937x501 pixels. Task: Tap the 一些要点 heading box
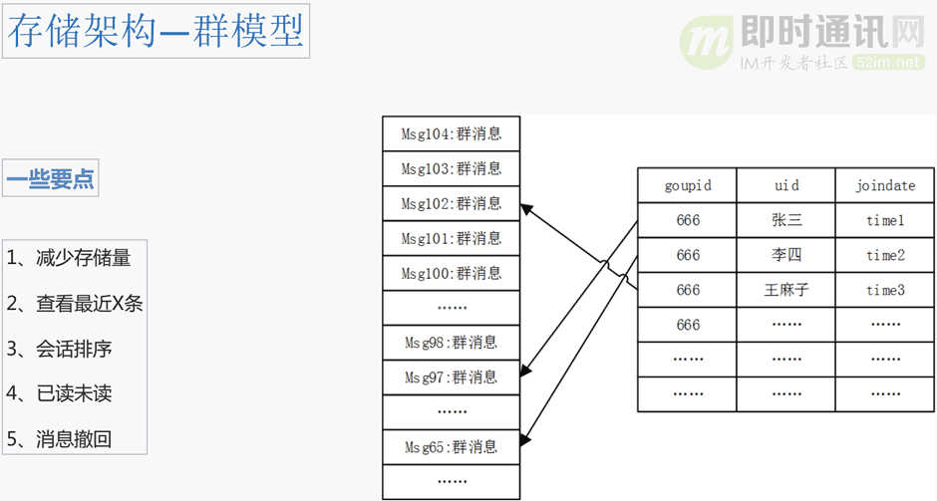[51, 180]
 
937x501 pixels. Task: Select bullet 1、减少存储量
[69, 258]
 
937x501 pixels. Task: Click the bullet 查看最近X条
[75, 304]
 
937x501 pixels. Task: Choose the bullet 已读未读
[59, 393]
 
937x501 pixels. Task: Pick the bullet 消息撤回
[59, 438]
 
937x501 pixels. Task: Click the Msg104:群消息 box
[452, 133]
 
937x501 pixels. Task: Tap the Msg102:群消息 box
[452, 203]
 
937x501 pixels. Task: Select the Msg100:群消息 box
[452, 273]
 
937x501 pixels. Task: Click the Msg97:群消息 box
[452, 377]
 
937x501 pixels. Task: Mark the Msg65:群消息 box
[452, 447]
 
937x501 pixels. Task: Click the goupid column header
[688, 186]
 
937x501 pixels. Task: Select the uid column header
[786, 186]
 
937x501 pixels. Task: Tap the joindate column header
[885, 186]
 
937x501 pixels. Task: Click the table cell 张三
[786, 221]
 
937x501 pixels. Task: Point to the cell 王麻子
[786, 290]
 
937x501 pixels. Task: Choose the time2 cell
[885, 256]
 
